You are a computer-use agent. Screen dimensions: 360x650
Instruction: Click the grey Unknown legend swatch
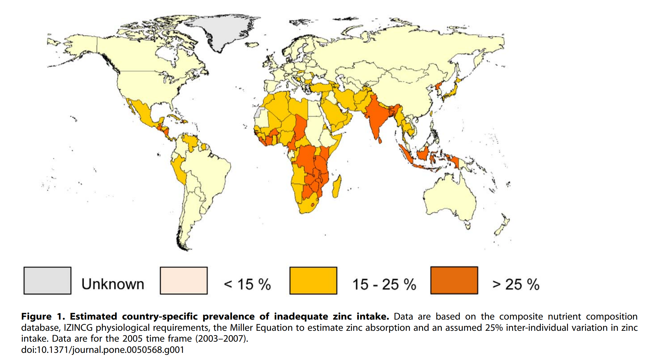point(47,280)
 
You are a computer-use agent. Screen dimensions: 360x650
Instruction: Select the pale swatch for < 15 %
point(184,280)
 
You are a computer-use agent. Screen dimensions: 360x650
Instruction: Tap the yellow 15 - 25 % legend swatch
point(313,280)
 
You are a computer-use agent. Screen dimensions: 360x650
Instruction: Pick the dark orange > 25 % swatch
point(454,280)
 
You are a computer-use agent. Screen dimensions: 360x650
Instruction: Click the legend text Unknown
point(113,284)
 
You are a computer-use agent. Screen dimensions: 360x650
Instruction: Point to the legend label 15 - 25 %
point(384,284)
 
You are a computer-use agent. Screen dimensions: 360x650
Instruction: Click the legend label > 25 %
point(516,284)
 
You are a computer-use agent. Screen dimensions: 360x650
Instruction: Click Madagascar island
point(336,187)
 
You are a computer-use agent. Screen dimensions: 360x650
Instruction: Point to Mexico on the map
point(141,112)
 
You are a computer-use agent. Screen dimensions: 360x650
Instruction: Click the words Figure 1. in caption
point(43,316)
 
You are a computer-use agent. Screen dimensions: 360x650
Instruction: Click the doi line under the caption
point(103,350)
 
